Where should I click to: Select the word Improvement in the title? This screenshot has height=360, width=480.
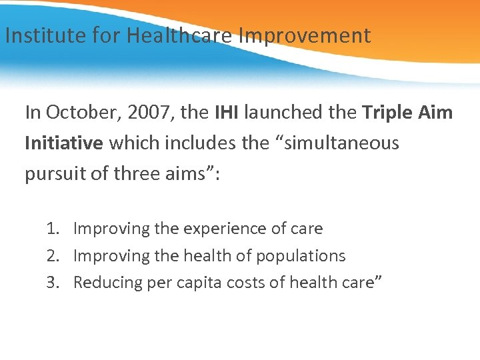pos(304,35)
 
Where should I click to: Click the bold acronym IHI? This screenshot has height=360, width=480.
pos(227,113)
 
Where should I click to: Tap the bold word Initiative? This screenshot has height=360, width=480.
pos(64,143)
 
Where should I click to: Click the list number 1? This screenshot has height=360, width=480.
pos(52,229)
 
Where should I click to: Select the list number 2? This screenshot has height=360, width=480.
pos(52,256)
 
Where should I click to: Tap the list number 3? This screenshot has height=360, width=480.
pos(52,283)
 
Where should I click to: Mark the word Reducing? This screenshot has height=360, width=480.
pos(105,283)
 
